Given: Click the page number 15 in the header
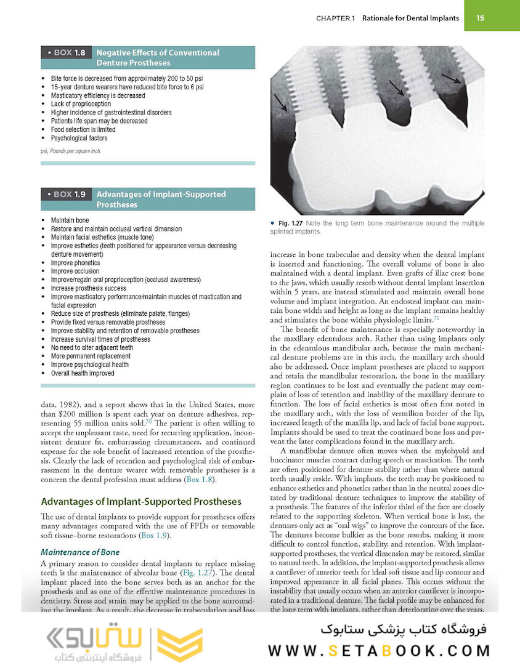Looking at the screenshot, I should click(x=480, y=18).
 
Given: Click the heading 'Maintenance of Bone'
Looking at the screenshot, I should click(x=80, y=552).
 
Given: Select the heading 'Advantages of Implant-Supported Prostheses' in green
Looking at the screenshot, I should click(x=140, y=502).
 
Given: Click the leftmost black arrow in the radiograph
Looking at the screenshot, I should click(x=280, y=102).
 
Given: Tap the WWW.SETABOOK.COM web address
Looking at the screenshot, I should click(x=379, y=650).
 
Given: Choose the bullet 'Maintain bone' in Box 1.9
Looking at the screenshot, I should click(x=70, y=220).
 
